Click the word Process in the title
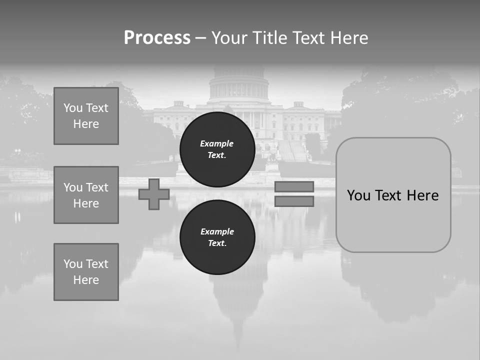coord(157,38)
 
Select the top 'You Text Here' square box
coord(86,116)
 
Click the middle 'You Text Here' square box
coord(86,195)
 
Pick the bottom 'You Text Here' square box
coord(86,272)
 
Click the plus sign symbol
coord(154,194)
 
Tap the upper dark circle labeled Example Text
coord(217,149)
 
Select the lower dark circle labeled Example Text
coord(217,237)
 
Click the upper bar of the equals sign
coord(294,186)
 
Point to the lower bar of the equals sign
coord(294,201)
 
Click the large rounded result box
coord(393,195)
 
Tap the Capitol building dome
coord(238,85)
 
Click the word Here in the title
coord(348,38)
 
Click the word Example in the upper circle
coord(217,143)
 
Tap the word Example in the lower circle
coord(217,231)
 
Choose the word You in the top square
coord(73,108)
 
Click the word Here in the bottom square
coord(86,280)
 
